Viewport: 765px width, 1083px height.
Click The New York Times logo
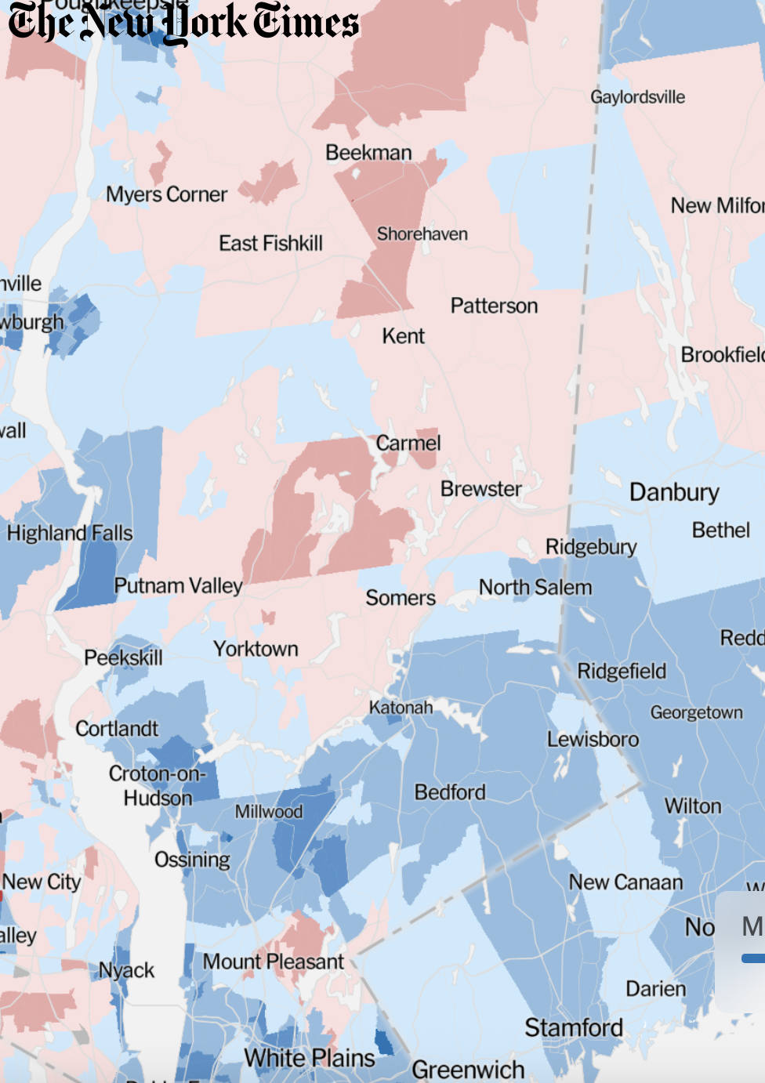point(183,23)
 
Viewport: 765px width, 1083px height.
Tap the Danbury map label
point(674,492)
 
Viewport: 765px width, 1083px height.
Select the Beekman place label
point(368,153)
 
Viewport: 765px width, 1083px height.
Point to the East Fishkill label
point(270,244)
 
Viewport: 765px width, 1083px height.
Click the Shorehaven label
point(422,234)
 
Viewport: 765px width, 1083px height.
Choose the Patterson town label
point(494,306)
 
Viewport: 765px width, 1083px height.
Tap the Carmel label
point(408,444)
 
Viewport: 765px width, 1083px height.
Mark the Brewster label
point(480,489)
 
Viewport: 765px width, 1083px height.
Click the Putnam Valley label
point(178,586)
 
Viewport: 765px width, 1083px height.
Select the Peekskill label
point(123,657)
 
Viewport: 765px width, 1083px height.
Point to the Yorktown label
point(256,649)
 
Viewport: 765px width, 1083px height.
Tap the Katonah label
point(401,708)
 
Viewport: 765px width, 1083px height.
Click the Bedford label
point(450,792)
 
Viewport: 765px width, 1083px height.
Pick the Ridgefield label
point(622,672)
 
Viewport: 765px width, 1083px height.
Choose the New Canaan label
point(625,882)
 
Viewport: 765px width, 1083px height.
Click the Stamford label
point(574,1027)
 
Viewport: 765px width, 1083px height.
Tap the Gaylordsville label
point(637,97)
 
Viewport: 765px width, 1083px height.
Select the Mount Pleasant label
point(274,962)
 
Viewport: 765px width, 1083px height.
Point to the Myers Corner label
point(166,194)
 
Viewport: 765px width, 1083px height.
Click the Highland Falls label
point(70,534)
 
